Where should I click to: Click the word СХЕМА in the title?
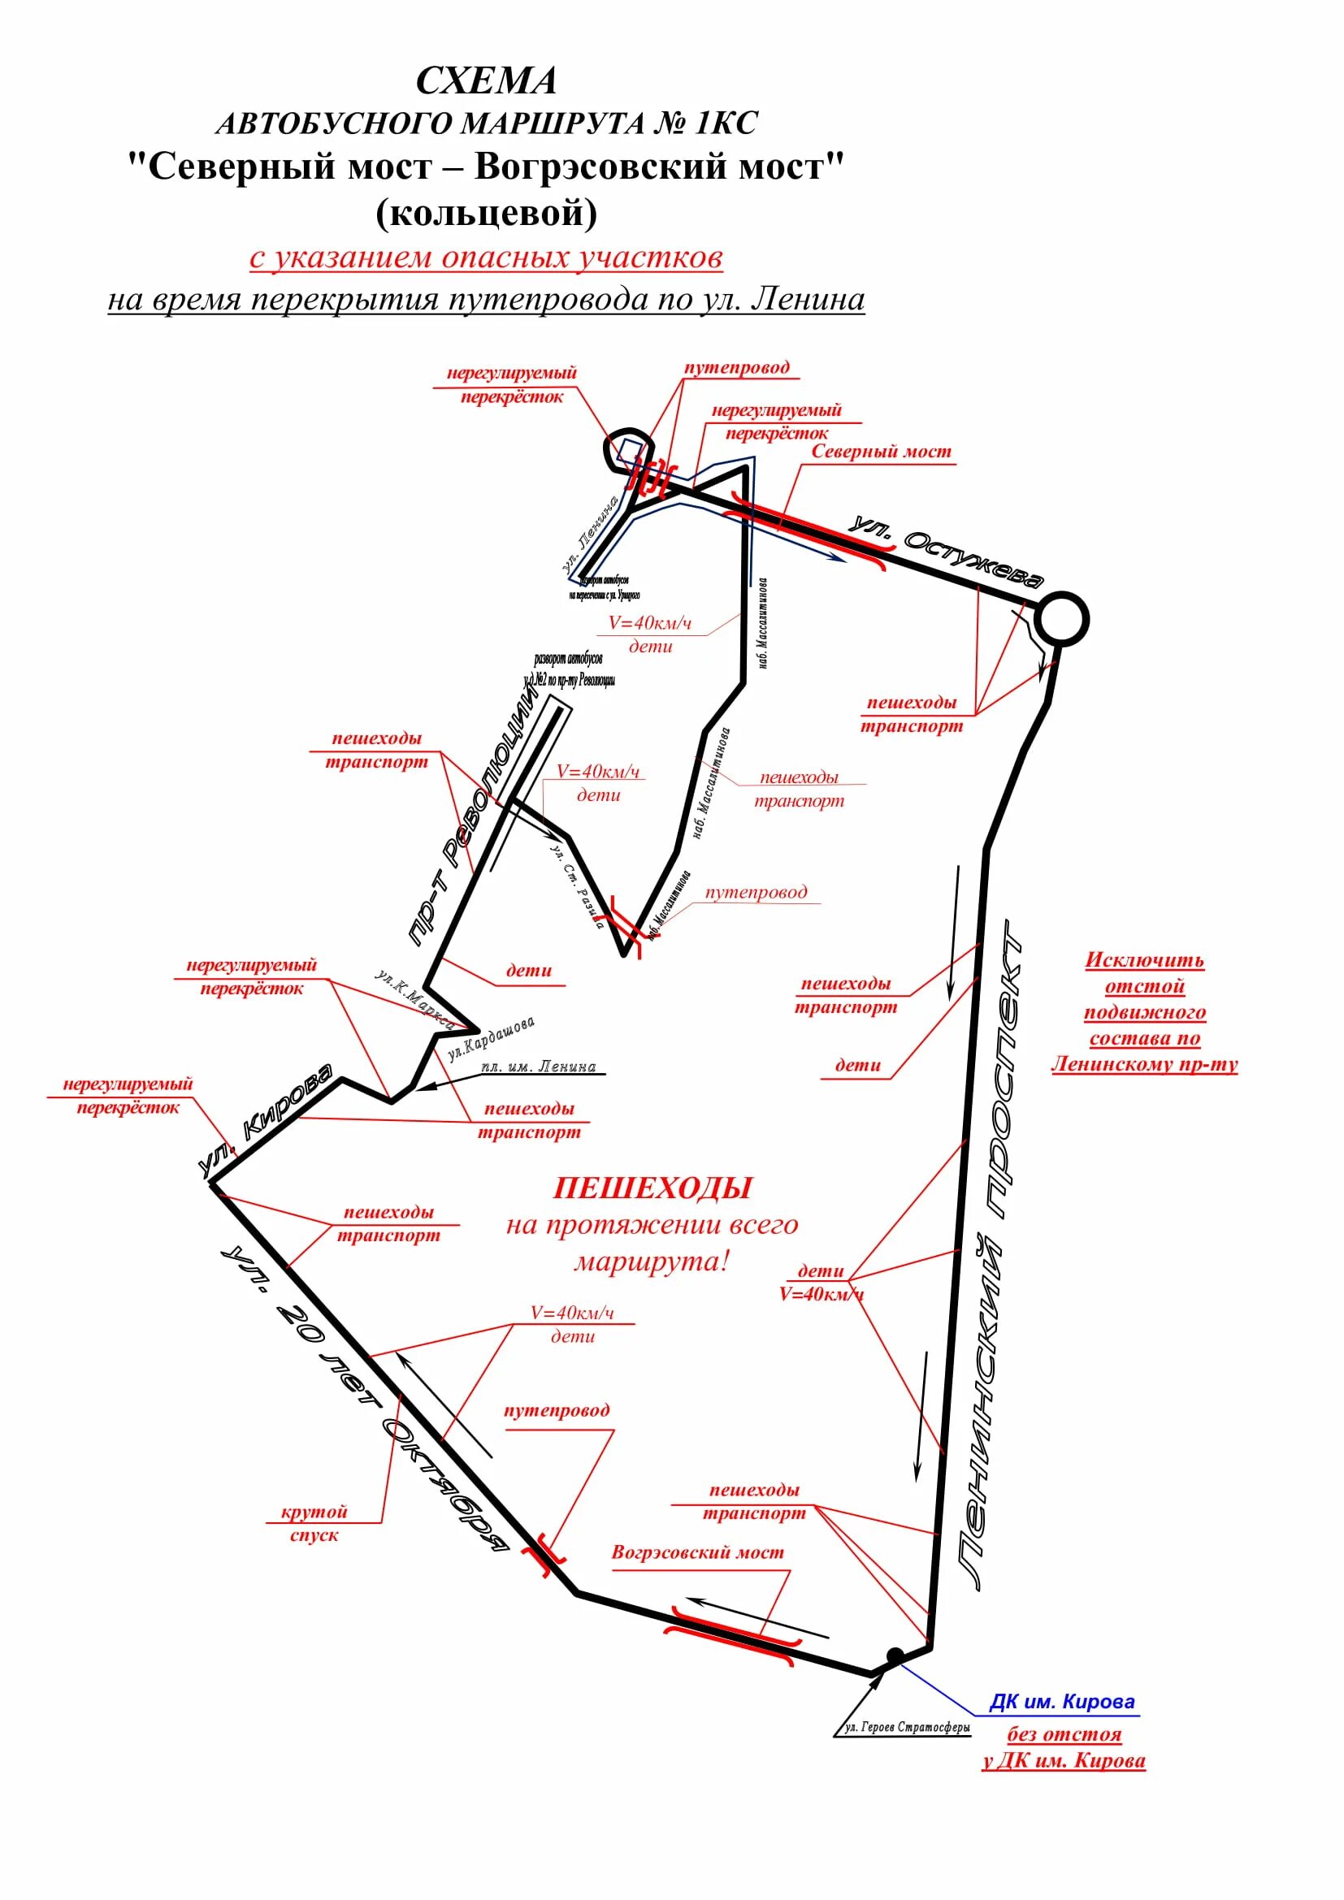486,81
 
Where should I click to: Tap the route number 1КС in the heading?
726,123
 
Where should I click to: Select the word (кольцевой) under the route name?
486,214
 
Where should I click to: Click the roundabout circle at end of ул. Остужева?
1063,619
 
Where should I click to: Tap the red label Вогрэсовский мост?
697,1552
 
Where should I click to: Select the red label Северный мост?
881,452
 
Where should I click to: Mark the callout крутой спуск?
314,1522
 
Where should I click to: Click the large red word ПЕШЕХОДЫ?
652,1188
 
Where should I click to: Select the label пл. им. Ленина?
538,1067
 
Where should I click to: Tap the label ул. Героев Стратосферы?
907,1727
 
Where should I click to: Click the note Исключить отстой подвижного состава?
1145,1012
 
